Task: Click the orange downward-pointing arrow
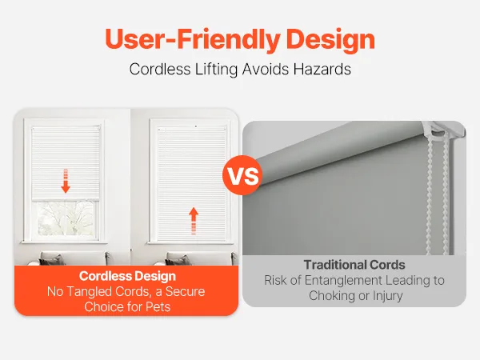(x=66, y=181)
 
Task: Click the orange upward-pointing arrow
(x=194, y=221)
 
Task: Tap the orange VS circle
(x=242, y=175)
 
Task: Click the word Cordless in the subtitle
(x=160, y=69)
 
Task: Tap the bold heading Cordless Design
(x=127, y=276)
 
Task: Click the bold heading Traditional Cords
(x=354, y=265)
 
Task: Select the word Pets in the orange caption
(x=158, y=306)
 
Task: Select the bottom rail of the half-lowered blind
(x=66, y=200)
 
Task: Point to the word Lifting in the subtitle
(x=216, y=70)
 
